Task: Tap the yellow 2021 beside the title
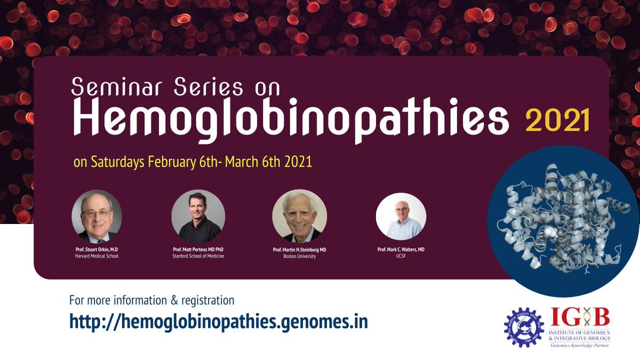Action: tap(557, 122)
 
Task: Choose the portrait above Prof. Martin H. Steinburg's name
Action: tap(299, 216)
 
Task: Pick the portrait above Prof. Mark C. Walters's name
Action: tap(401, 216)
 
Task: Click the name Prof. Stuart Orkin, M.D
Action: tap(97, 250)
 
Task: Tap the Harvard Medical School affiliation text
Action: tap(97, 257)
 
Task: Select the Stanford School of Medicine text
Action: tap(198, 257)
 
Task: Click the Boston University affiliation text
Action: tap(299, 257)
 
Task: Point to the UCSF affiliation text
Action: tap(401, 257)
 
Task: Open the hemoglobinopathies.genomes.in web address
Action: tap(219, 322)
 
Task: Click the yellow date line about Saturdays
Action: tap(193, 162)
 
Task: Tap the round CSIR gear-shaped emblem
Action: tap(524, 327)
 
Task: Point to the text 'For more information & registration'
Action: tap(152, 300)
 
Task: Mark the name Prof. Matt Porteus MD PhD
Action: tap(198, 250)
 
